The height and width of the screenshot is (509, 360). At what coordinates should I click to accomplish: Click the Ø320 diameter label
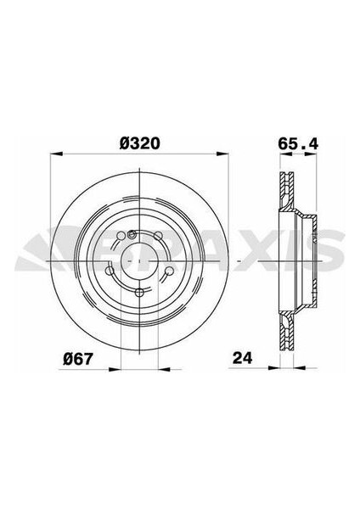140,143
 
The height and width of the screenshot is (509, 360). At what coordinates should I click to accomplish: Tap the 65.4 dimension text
298,143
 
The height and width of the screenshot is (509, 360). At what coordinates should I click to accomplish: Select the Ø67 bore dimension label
78,358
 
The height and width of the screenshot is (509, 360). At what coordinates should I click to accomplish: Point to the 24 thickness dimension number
242,358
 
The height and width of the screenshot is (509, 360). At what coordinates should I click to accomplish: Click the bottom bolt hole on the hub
139,292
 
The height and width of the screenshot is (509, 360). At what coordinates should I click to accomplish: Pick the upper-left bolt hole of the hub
121,236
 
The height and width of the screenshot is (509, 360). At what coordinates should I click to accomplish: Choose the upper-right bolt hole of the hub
158,236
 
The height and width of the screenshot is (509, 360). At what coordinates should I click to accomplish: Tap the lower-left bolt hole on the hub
110,271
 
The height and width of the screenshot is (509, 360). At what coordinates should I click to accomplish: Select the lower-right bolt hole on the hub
169,271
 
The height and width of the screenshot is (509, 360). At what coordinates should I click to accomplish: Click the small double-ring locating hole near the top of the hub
132,234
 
